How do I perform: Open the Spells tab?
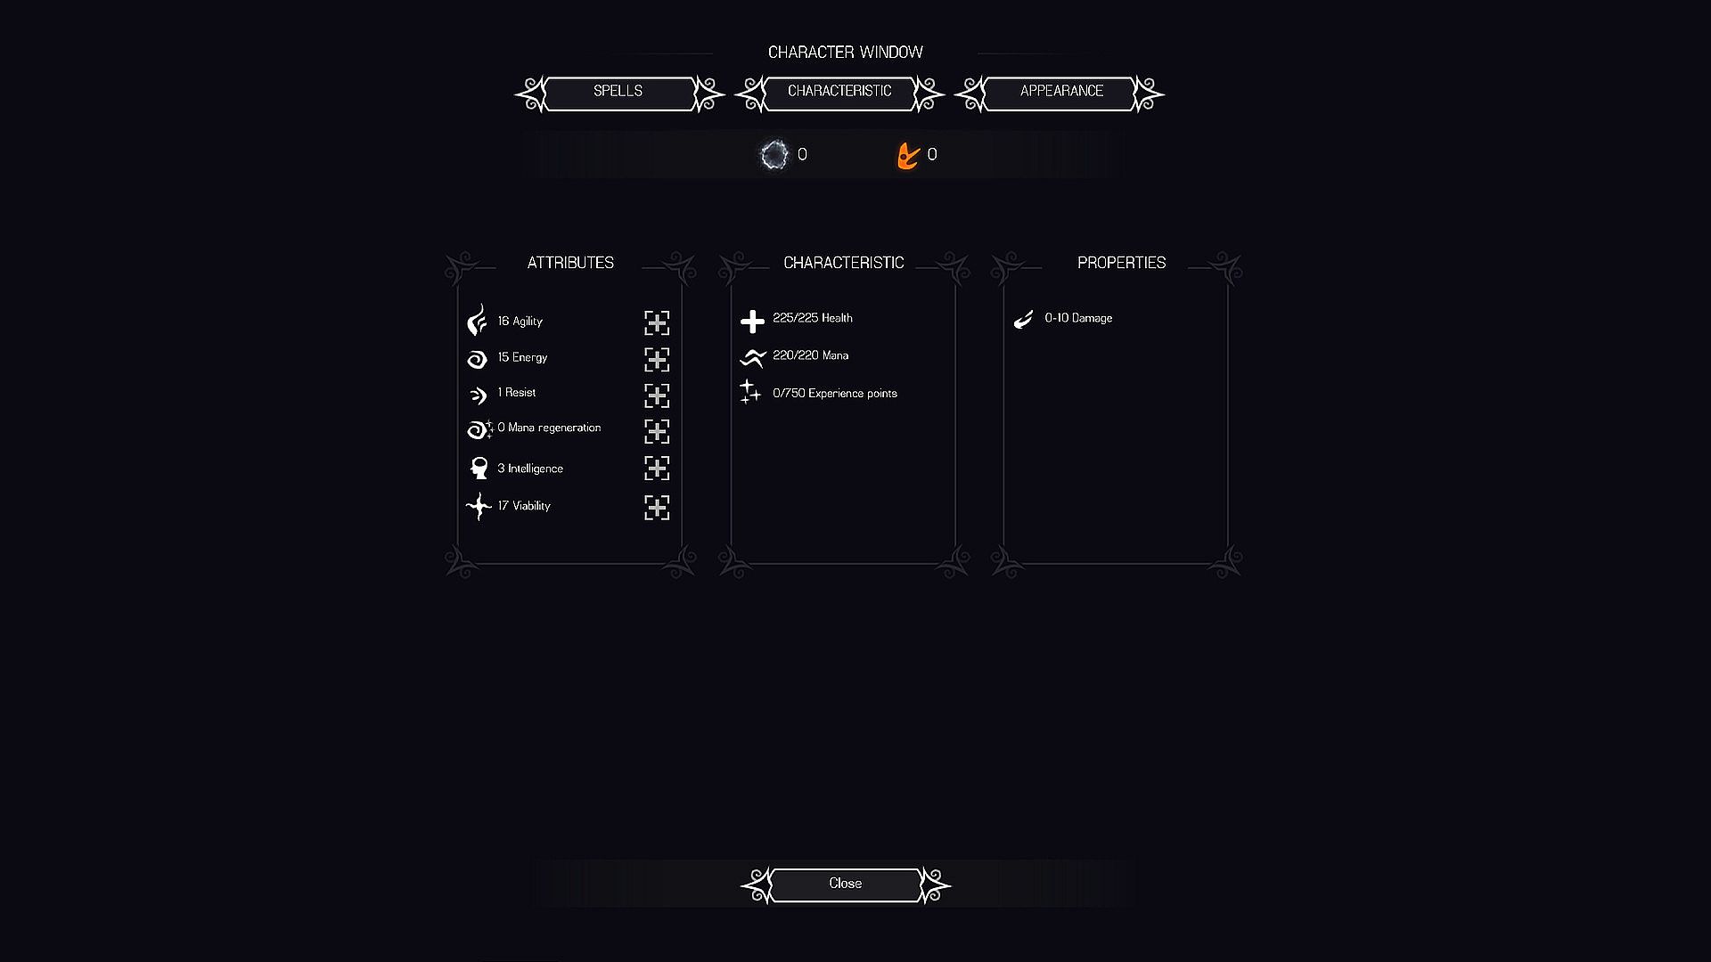[x=618, y=93]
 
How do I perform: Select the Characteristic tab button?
[x=839, y=93]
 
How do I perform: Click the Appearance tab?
[x=1060, y=93]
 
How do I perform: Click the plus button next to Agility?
[x=657, y=322]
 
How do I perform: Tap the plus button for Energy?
[x=657, y=359]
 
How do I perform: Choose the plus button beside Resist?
[x=657, y=395]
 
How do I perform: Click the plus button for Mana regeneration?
[x=657, y=431]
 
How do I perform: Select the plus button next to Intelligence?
[x=657, y=469]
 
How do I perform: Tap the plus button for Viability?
[x=657, y=508]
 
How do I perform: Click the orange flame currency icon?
[x=908, y=156]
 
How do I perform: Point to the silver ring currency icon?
[x=774, y=155]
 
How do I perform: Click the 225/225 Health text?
[x=813, y=318]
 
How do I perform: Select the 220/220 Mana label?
[x=811, y=355]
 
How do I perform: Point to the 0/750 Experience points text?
[x=835, y=394]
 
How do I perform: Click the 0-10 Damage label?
[x=1078, y=318]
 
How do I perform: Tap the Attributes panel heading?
[x=570, y=263]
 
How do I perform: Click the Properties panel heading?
[x=1121, y=263]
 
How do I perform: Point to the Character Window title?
[x=846, y=53]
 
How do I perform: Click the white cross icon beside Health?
[x=753, y=322]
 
